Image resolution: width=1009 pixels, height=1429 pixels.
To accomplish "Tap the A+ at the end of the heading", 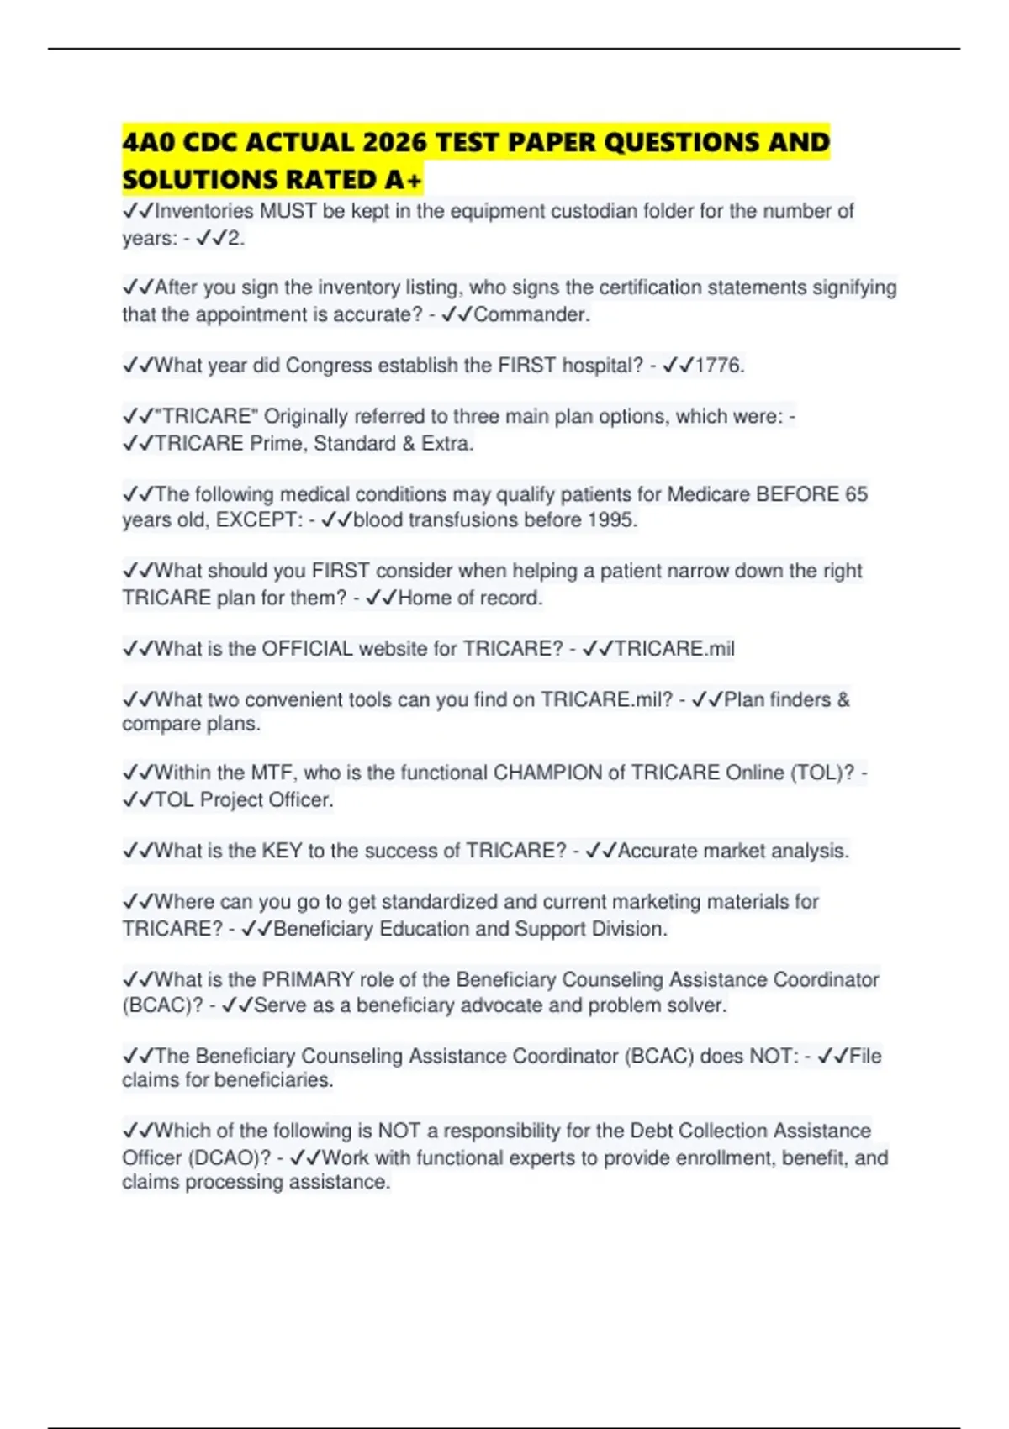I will pos(404,180).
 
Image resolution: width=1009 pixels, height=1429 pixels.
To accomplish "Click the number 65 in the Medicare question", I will pos(856,493).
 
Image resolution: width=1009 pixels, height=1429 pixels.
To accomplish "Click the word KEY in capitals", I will pos(282,851).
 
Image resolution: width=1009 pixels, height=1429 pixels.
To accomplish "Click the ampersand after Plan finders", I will pos(843,699).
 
